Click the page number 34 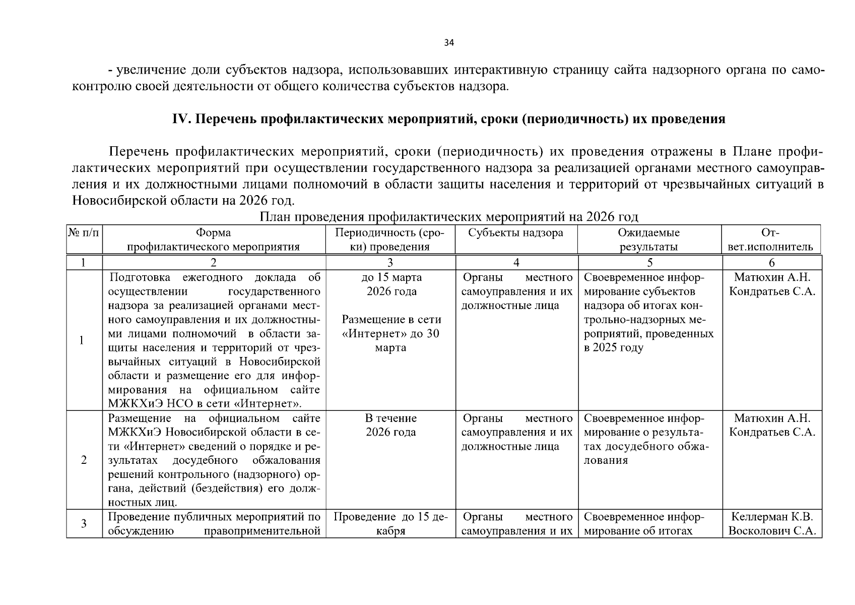click(x=449, y=43)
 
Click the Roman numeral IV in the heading click(x=180, y=119)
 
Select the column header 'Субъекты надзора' click(x=515, y=233)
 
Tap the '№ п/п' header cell click(x=84, y=233)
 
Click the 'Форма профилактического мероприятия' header click(x=213, y=239)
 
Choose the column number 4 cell click(x=516, y=262)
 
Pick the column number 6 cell click(x=771, y=262)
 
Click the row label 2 click(x=84, y=460)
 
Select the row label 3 click(x=84, y=524)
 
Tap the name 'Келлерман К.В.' click(x=772, y=517)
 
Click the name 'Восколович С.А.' click(x=772, y=531)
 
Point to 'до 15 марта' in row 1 click(x=391, y=277)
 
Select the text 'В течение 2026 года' click(x=391, y=425)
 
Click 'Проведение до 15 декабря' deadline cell click(x=391, y=524)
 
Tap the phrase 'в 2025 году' click(x=614, y=348)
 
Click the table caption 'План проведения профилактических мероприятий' click(x=448, y=217)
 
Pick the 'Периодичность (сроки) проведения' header click(x=390, y=239)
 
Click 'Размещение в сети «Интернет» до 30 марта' click(x=391, y=333)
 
